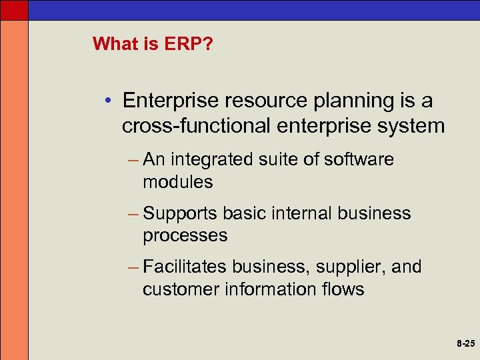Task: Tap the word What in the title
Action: (113, 44)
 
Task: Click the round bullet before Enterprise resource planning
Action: (108, 102)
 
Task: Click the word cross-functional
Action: (199, 126)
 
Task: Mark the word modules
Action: (177, 182)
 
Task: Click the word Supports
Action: (180, 213)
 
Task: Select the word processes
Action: (185, 235)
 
